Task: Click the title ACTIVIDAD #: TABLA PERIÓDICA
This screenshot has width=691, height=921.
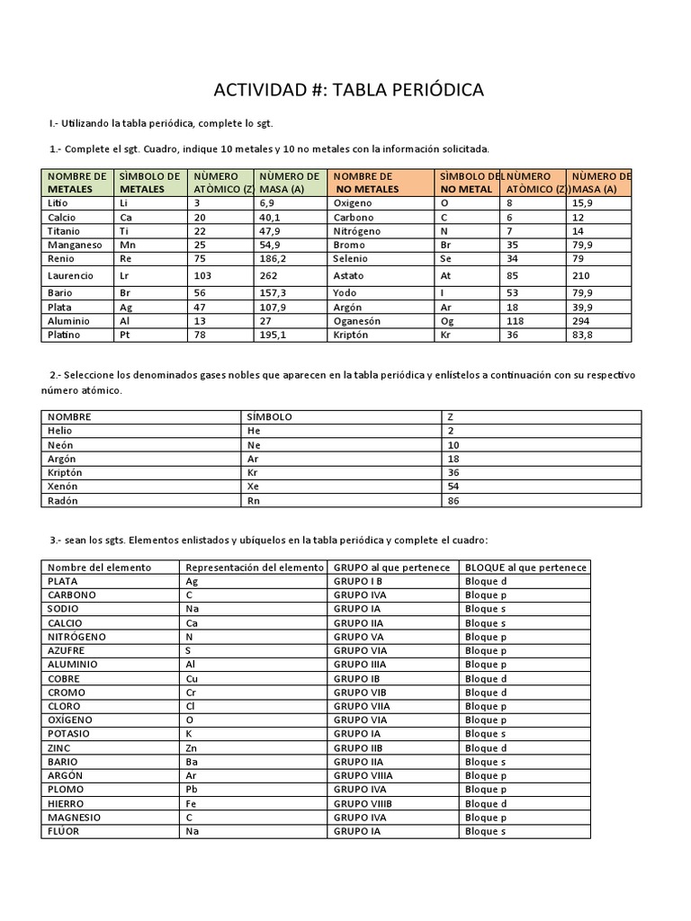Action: [348, 90]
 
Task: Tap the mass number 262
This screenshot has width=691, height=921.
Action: [271, 275]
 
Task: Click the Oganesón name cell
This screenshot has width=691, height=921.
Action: [357, 320]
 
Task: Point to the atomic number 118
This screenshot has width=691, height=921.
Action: [516, 320]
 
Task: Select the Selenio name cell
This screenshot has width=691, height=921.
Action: [351, 259]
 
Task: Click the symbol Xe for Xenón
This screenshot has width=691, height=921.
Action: [253, 486]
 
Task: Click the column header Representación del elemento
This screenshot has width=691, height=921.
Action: [254, 568]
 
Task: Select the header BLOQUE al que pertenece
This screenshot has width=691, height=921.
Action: [525, 568]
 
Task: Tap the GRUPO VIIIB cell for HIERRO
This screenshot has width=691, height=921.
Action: [363, 804]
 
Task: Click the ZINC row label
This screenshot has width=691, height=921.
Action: [61, 748]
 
